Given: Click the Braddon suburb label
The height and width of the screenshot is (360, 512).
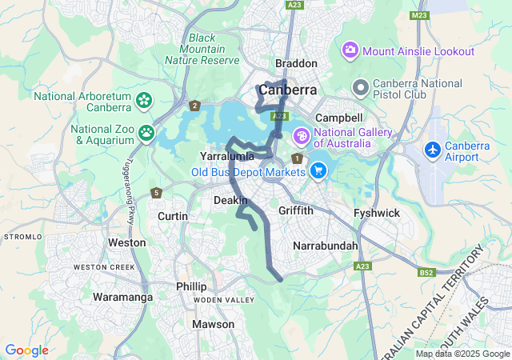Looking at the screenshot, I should click(296, 63).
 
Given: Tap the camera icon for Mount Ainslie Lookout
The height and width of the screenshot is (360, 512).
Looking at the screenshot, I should click(350, 51).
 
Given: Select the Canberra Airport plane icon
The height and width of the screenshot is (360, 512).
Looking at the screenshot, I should click(433, 150).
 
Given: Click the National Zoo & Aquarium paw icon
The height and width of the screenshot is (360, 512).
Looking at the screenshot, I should click(146, 133).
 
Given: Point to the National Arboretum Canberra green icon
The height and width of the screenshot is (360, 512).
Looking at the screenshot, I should click(143, 101).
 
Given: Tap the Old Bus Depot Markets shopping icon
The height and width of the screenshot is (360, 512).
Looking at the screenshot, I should click(318, 170).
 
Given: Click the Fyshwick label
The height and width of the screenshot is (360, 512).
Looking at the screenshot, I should click(376, 214).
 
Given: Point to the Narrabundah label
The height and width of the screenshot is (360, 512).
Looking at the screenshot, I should click(326, 246).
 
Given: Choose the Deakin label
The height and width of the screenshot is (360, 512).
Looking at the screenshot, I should click(231, 200).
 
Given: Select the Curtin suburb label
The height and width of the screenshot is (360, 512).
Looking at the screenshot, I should click(173, 216).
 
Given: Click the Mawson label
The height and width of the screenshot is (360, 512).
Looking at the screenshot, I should click(214, 324).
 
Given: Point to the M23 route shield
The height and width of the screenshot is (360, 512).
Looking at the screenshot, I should click(419, 15).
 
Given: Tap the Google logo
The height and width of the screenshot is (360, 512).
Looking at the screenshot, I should click(26, 350).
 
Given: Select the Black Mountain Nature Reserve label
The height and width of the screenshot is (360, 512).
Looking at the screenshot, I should click(202, 49).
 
